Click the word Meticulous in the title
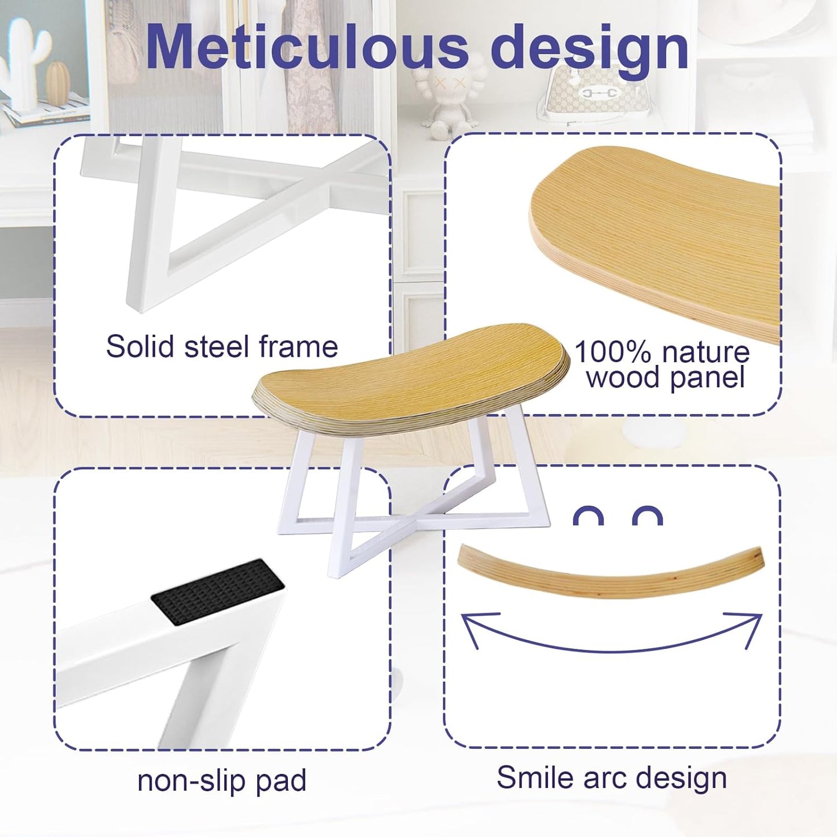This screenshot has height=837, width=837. pyautogui.click(x=307, y=47)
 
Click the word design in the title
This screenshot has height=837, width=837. pyautogui.click(x=590, y=47)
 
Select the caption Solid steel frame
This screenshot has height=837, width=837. pyautogui.click(x=222, y=347)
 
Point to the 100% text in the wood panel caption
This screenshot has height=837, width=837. pyautogui.click(x=612, y=352)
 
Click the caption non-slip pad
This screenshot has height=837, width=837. pyautogui.click(x=222, y=780)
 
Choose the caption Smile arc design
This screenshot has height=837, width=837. pyautogui.click(x=612, y=777)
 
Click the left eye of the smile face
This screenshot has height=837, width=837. pyautogui.click(x=588, y=516)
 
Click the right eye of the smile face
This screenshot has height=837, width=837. pyautogui.click(x=647, y=516)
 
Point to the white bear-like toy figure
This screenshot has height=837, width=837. pyautogui.click(x=446, y=98)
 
